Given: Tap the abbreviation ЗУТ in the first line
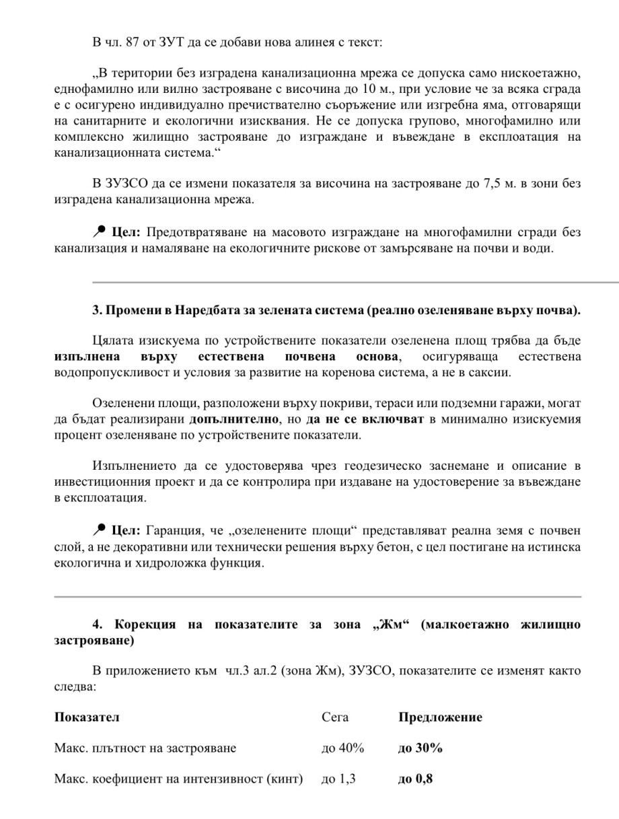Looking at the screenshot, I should pos(166,43).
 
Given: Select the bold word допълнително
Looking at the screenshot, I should pos(234,419).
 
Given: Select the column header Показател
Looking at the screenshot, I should pos(86,717).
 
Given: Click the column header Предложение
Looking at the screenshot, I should pos(440,717).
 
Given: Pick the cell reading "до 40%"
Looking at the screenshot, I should pos(343,748).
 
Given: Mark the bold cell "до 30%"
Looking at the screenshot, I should pos(421,748).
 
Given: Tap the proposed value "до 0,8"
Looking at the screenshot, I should pos(416,780).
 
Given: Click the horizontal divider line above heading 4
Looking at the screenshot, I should pos(317,597).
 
